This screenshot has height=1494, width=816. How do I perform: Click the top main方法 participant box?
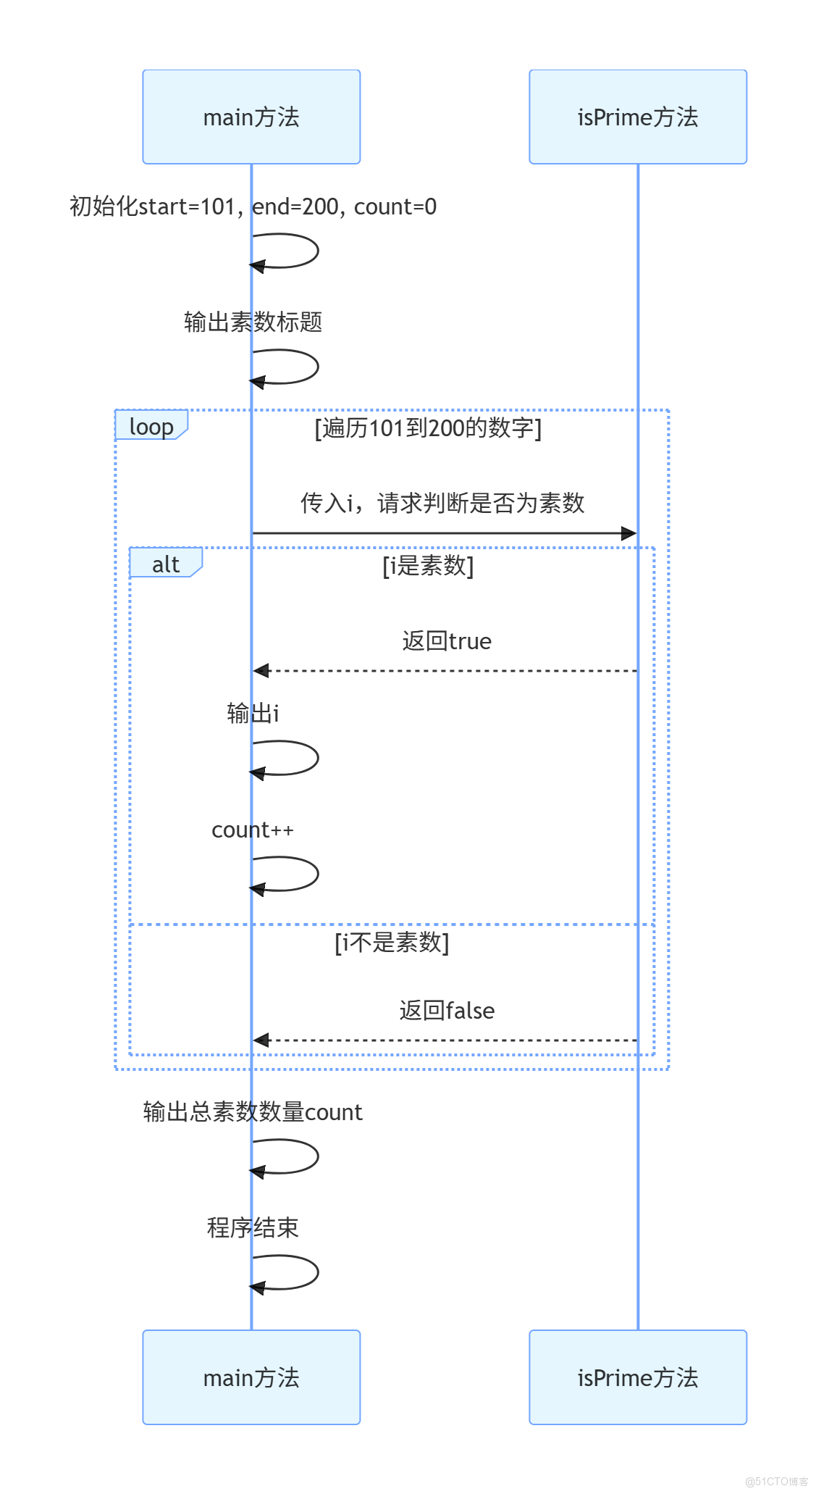pos(251,117)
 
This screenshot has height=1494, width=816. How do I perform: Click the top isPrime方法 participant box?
pos(637,117)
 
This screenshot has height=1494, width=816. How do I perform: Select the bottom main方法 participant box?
pos(251,1377)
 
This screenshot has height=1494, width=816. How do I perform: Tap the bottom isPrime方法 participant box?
pos(637,1377)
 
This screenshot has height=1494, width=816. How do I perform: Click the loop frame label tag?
pos(151,426)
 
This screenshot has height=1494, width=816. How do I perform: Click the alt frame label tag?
pos(165,564)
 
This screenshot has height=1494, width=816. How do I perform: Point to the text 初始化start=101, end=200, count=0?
pos(253,206)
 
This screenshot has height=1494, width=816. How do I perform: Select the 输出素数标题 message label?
pos(253,322)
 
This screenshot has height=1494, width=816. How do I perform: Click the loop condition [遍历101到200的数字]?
pos(427,428)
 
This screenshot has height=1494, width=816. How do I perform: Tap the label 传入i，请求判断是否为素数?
pos(442,503)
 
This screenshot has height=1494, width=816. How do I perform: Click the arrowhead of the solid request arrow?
pos(629,533)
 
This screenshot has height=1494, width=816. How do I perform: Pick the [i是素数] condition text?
pos(427,566)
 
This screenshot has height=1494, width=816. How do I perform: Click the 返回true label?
pos(447,641)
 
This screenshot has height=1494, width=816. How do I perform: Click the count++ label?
pos(252,830)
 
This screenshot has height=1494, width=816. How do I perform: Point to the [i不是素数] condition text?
pos(391,943)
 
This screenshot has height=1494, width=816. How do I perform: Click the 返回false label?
pos(447,1011)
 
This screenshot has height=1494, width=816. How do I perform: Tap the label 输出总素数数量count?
pos(253,1111)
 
